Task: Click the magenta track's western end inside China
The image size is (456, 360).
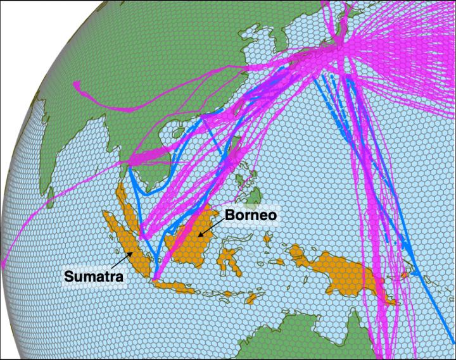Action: click(75, 84)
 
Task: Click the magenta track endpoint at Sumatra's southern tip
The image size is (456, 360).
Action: click(155, 276)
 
